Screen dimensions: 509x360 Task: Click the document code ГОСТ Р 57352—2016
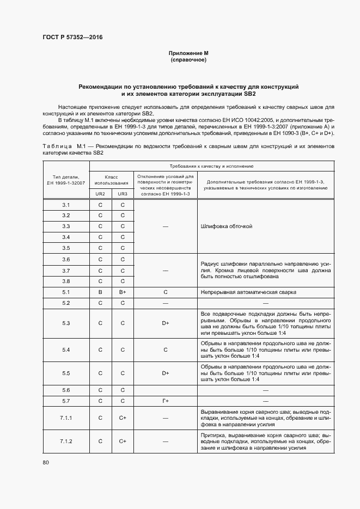pos(72,38)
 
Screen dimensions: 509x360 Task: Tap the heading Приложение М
pos(188,53)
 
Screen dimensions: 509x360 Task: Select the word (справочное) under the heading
pos(188,59)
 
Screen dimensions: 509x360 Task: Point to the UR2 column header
pos(100,193)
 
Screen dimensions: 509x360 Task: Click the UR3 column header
pos(123,193)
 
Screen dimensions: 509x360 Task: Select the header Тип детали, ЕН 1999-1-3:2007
pos(66,180)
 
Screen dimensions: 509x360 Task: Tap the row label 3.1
pos(66,205)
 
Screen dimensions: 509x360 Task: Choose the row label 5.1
pos(66,292)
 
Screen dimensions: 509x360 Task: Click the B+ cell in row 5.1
pos(123,292)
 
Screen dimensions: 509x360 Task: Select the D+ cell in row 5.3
pos(165,323)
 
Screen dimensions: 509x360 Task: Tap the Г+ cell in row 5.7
pos(165,401)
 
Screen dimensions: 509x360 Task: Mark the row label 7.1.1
pos(66,418)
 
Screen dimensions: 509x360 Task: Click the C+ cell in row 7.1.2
pos(123,441)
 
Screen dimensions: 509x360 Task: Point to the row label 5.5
pos(66,373)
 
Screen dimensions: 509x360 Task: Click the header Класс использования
pos(111,180)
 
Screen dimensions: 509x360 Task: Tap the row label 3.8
pos(66,281)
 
